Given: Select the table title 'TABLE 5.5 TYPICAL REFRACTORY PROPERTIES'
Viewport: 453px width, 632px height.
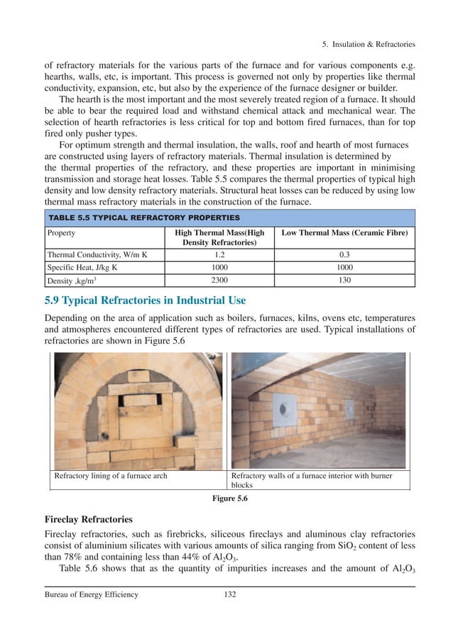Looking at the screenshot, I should coord(143,217).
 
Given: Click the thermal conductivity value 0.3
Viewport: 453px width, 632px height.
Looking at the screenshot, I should coord(345,254).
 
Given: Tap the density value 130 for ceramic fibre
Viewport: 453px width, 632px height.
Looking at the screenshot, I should coord(345,281).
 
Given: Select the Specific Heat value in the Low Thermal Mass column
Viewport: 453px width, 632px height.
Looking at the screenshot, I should coord(345,268).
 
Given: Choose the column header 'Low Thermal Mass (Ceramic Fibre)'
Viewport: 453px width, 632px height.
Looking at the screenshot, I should coord(345,233).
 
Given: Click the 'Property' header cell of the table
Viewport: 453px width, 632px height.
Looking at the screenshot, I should coord(62,233).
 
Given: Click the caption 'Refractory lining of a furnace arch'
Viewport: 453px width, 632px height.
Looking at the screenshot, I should coord(111,476).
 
